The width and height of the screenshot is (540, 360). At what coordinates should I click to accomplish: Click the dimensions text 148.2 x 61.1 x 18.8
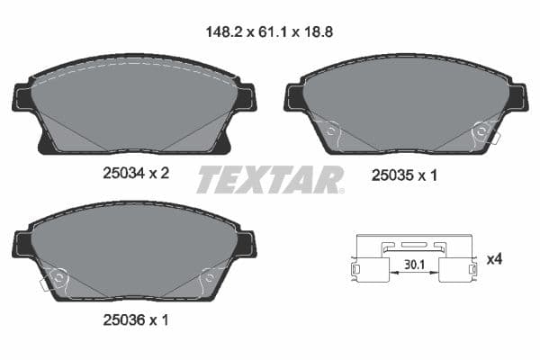tap(271, 29)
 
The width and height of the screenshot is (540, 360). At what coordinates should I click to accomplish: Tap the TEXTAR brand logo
tap(270, 179)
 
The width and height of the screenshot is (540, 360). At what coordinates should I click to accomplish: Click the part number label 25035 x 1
tap(404, 176)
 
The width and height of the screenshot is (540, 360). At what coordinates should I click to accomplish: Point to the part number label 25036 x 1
tap(134, 319)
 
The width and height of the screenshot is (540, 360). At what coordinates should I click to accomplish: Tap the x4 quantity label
tap(493, 259)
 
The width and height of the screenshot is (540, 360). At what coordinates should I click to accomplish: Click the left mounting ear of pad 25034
tap(22, 96)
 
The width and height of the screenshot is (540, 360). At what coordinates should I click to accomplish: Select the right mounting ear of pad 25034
tap(245, 96)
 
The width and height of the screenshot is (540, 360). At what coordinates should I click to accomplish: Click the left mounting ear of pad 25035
tap(294, 96)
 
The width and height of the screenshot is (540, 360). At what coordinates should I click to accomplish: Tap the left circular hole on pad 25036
tap(59, 278)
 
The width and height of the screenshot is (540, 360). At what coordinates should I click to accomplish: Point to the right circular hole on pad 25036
tap(209, 278)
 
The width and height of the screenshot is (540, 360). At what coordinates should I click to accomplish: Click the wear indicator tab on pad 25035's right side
tap(493, 137)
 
